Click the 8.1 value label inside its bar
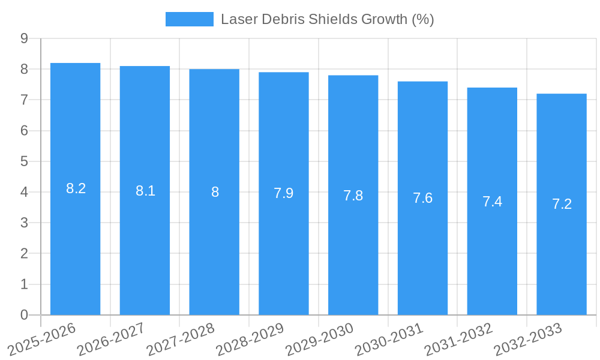145,191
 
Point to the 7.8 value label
353,196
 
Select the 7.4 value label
492,202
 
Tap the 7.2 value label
562,204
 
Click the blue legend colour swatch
189,19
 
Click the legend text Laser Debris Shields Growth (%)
327,19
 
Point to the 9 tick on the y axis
24,38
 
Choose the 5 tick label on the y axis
24,161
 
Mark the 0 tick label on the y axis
24,315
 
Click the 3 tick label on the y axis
24,223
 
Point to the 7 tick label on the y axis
24,100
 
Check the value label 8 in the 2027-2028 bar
215,192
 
